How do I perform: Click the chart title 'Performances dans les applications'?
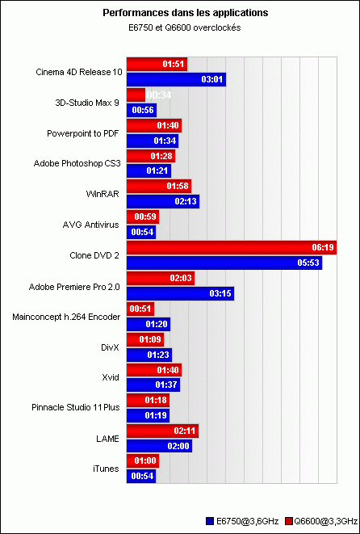click(x=186, y=13)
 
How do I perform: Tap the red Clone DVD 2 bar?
click(x=232, y=247)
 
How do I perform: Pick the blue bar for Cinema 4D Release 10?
click(x=176, y=79)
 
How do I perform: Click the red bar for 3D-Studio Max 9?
click(x=136, y=95)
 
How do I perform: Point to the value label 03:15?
click(x=221, y=295)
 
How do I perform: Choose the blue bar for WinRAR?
click(x=163, y=202)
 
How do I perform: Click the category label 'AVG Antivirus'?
click(x=91, y=225)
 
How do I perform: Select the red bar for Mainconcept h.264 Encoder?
click(x=140, y=309)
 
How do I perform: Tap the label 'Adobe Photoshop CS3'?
click(x=77, y=163)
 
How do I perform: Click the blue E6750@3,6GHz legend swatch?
click(x=210, y=521)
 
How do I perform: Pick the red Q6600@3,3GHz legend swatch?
click(x=290, y=521)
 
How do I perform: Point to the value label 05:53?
click(x=308, y=264)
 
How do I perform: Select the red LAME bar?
click(x=162, y=431)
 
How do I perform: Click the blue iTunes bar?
click(x=141, y=477)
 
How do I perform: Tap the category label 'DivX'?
click(x=110, y=347)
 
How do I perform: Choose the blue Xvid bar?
click(x=153, y=385)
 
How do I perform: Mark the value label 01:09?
click(x=150, y=339)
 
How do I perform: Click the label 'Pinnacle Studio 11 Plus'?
click(x=76, y=408)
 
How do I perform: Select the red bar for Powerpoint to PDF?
click(x=154, y=125)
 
